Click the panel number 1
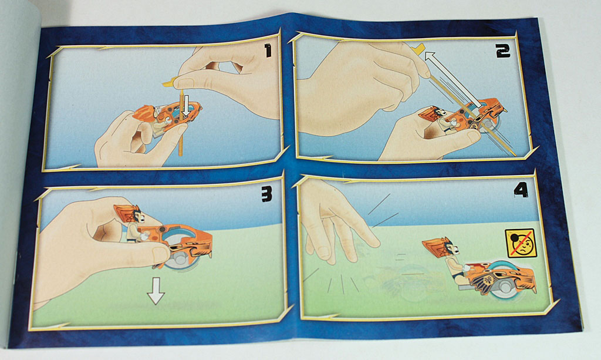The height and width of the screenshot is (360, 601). click(268, 51)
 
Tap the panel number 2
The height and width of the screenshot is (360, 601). click(503, 51)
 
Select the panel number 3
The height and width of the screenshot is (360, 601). click(267, 194)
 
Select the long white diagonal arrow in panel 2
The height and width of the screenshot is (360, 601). click(453, 79)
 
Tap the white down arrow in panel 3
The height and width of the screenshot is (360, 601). click(156, 291)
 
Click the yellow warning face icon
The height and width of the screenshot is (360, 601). click(521, 244)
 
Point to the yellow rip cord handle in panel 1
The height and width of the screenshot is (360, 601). click(169, 81)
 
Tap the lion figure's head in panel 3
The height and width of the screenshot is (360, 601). click(130, 214)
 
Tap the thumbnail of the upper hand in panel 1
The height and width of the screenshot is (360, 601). click(185, 82)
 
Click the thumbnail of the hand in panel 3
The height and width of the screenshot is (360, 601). click(160, 254)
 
